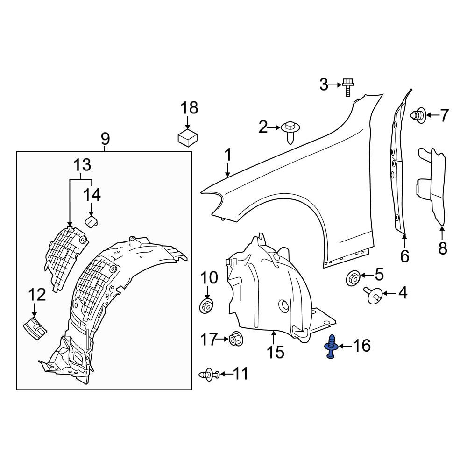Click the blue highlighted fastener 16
331,347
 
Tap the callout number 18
189,108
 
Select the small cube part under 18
188,137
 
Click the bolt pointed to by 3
348,87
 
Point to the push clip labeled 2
290,132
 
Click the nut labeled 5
354,278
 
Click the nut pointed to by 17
236,339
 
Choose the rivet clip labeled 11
209,374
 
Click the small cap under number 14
92,221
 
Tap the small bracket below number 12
35,328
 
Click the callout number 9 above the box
105,138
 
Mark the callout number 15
275,352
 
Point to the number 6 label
404,256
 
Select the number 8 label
443,248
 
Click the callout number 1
228,155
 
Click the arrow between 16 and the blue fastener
345,346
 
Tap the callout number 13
82,165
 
